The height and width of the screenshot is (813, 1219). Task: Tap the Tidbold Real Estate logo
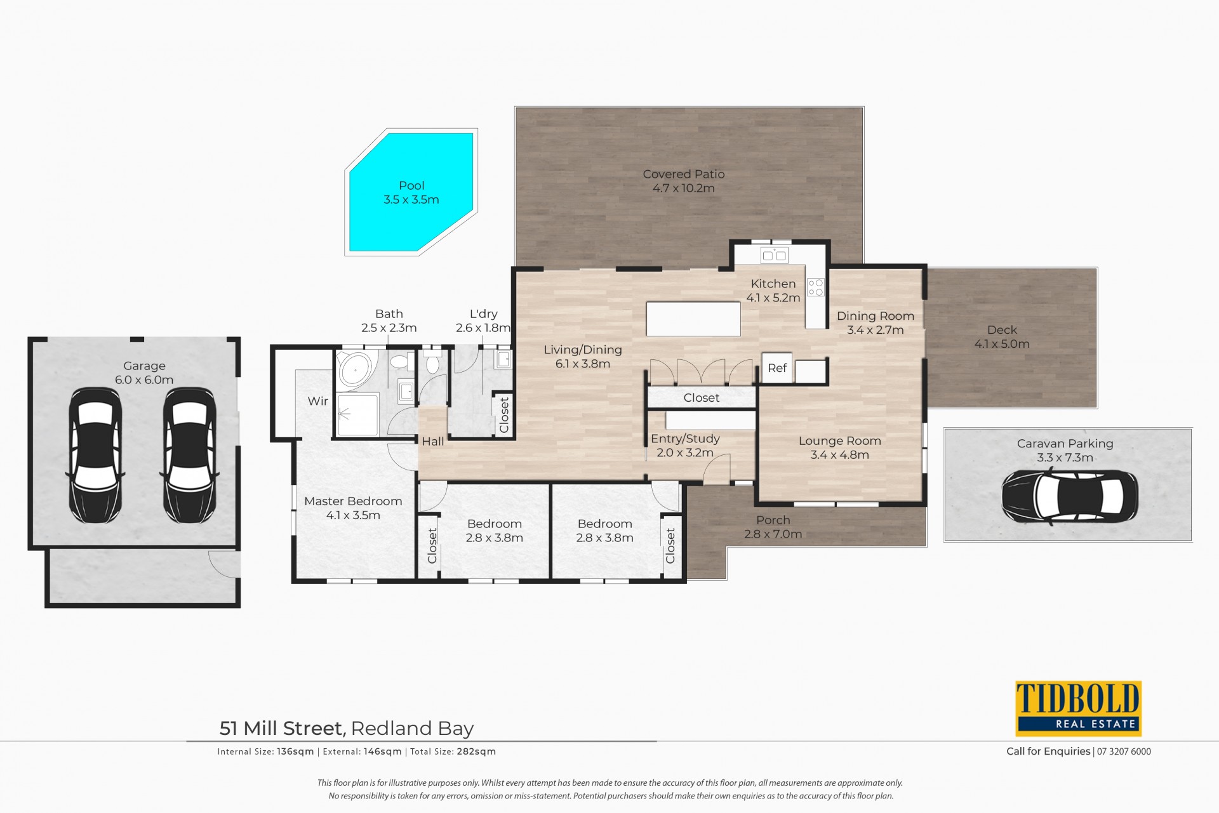[x=1078, y=708]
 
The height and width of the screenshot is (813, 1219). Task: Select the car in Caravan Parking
[x=1070, y=497]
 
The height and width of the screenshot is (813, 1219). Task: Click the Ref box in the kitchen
[x=777, y=368]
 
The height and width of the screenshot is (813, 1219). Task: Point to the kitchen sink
[x=774, y=256]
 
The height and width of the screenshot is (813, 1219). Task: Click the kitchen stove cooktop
[x=816, y=288]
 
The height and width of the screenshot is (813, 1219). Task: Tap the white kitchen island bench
[x=693, y=319]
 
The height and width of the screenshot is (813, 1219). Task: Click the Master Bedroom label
[x=353, y=501]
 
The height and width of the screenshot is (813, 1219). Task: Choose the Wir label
[x=317, y=401]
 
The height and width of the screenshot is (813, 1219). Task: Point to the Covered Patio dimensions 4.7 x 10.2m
[x=683, y=188]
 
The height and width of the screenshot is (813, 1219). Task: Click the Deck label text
[x=1002, y=330]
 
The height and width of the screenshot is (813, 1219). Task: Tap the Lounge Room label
[x=839, y=441]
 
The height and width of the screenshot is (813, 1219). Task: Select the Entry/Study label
[x=685, y=439]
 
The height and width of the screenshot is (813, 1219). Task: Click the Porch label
[x=773, y=520]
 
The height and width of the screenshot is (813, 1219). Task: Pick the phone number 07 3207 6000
[x=1124, y=751]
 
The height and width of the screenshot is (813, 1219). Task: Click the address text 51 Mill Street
[x=283, y=728]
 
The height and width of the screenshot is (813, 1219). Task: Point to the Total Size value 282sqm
[x=476, y=751]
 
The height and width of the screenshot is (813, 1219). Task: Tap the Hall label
[x=433, y=442]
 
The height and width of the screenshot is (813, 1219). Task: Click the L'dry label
[x=483, y=314]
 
